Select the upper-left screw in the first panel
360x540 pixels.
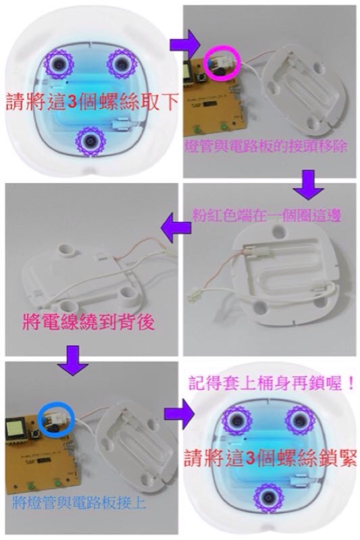coord(59,63)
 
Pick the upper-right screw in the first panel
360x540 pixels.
coord(122,63)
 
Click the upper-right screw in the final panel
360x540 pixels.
coord(300,419)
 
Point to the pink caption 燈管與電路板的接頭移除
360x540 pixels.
coord(265,146)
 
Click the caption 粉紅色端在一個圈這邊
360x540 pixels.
coord(267,215)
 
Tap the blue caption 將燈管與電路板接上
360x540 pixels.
coord(78,504)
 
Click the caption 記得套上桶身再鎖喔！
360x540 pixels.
coord(272,384)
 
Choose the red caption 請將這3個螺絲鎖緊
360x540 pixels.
coord(270,458)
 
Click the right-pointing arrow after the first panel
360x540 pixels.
coord(185,44)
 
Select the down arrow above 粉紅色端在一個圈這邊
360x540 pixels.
coord(308,184)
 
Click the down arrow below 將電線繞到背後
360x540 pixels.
coord(74,360)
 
